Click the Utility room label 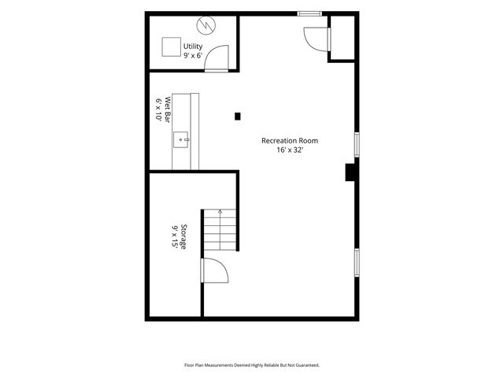(x=193, y=46)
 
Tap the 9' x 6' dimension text (x=193, y=55)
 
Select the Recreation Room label (x=290, y=140)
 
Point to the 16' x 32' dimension (x=290, y=150)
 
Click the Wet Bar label (x=167, y=109)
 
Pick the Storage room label (x=183, y=236)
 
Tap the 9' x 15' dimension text (x=175, y=236)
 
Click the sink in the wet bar (x=181, y=140)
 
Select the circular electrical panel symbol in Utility (x=206, y=25)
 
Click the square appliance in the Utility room (x=172, y=47)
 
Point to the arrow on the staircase (x=220, y=229)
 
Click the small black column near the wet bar (x=238, y=117)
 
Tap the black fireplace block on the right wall (x=350, y=172)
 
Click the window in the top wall (x=309, y=13)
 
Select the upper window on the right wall (x=357, y=145)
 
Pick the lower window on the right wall (x=357, y=262)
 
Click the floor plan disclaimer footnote (x=252, y=365)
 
